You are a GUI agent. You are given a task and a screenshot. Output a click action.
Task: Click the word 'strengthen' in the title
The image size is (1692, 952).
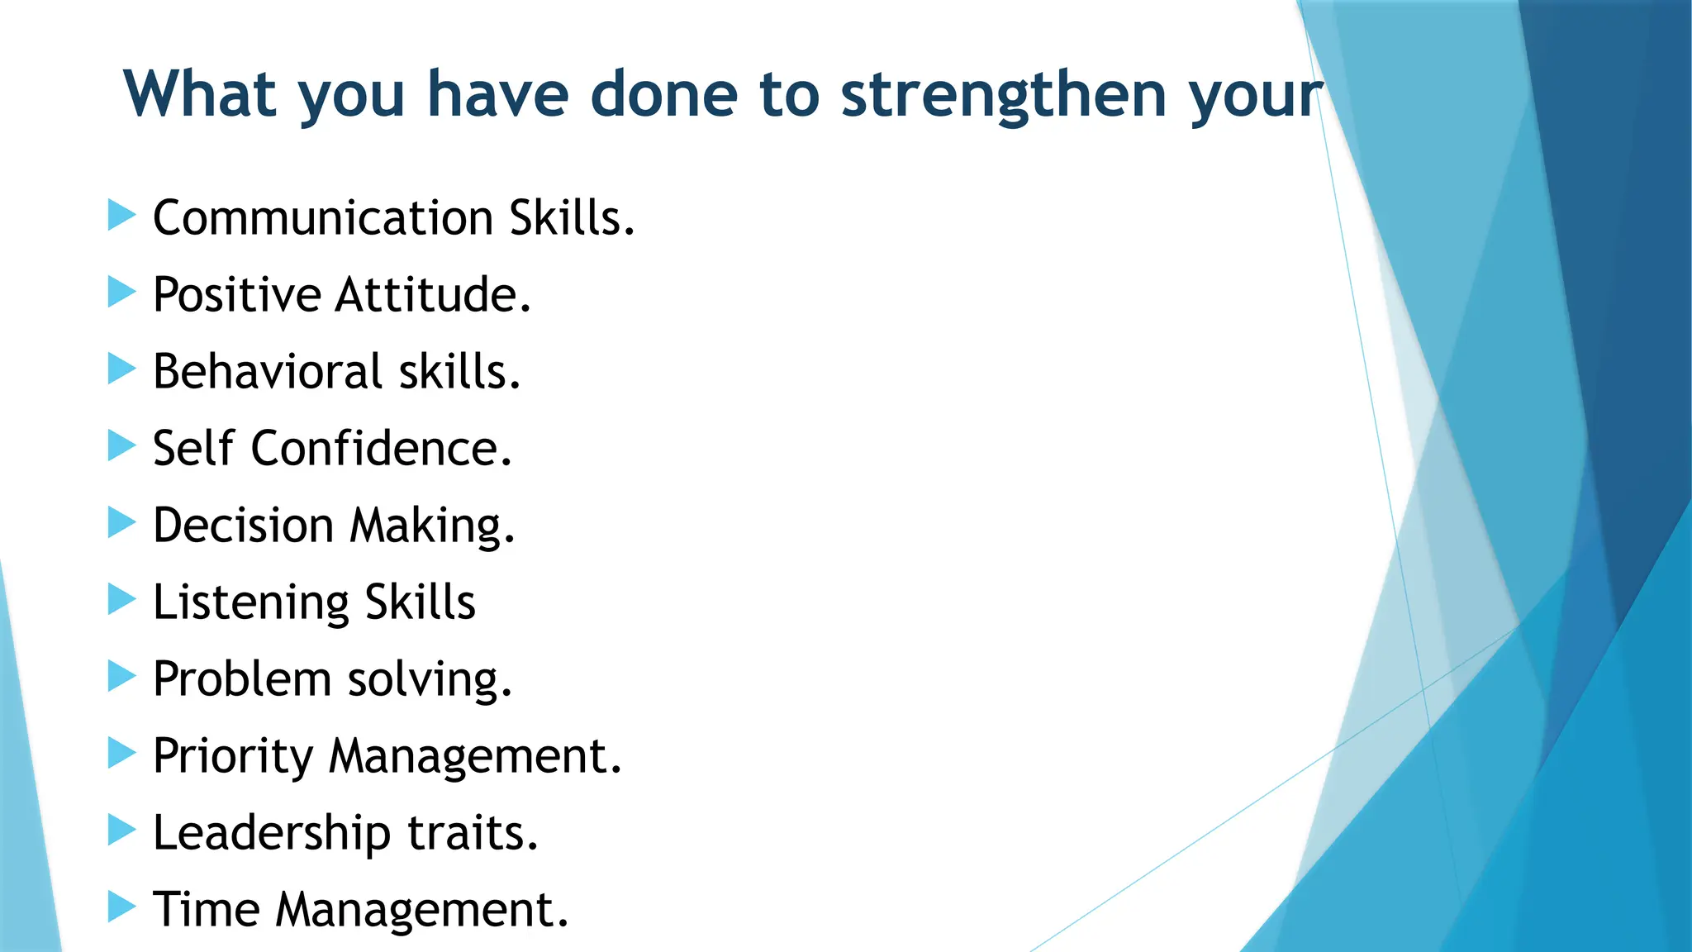coord(1003,95)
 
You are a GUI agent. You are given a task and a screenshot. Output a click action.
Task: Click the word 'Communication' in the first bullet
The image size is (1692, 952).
coord(323,218)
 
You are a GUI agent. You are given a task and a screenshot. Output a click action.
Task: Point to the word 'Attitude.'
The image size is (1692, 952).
coord(433,295)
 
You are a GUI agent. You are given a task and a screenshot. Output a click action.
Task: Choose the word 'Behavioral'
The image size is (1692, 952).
coord(268,371)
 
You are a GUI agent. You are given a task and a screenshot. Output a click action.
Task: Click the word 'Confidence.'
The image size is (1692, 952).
coord(381,449)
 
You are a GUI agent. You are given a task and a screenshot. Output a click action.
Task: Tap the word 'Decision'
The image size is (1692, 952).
coord(243,526)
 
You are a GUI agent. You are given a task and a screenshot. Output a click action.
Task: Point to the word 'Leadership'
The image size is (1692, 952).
coord(272,833)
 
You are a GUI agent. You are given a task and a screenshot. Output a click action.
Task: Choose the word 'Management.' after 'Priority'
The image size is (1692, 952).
coord(475,756)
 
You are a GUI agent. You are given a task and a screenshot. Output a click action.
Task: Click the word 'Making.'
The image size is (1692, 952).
coord(432,526)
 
